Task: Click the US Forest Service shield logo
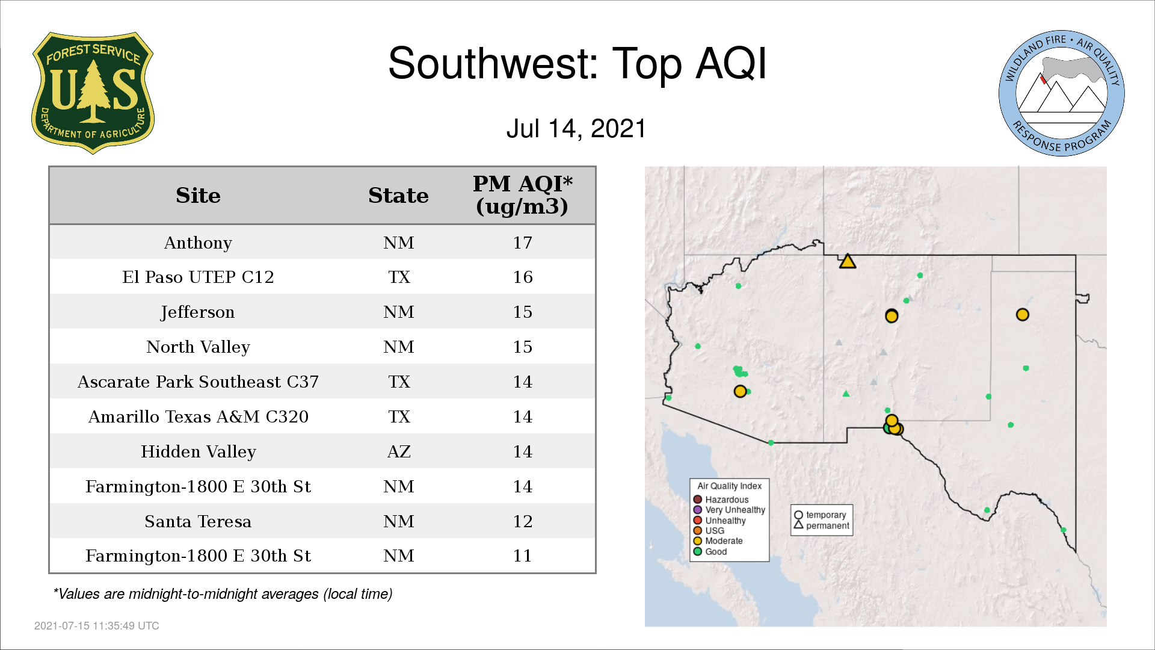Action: point(93,93)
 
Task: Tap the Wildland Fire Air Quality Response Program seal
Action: point(1062,93)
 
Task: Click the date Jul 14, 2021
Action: point(576,129)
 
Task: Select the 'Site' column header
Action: point(198,196)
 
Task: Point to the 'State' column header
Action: point(398,196)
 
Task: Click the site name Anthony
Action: point(198,243)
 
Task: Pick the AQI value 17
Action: point(523,243)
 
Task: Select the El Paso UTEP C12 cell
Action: point(198,277)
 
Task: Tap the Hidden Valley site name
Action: point(199,451)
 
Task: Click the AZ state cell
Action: point(399,451)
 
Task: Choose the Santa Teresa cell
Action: point(198,521)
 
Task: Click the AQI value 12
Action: point(523,521)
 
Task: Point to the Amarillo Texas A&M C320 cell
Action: point(199,416)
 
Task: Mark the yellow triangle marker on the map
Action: point(848,261)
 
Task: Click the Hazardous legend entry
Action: point(721,500)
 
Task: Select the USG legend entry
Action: point(709,531)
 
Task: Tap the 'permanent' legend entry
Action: point(822,525)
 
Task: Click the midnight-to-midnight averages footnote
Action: point(223,594)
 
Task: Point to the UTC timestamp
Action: point(97,626)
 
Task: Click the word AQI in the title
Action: point(731,63)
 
